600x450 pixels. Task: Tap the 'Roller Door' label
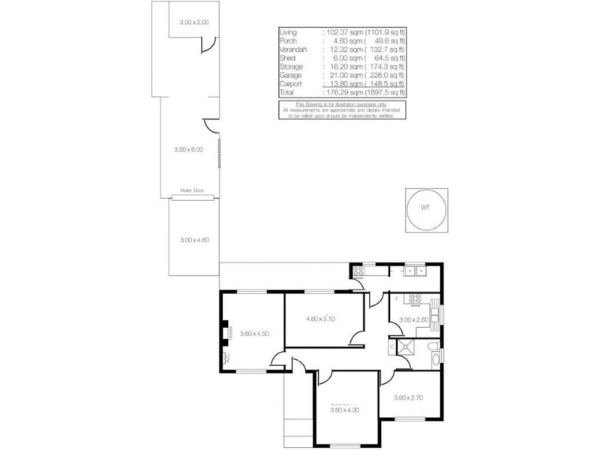point(193,190)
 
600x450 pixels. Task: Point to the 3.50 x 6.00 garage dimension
point(188,150)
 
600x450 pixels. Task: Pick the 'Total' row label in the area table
point(287,94)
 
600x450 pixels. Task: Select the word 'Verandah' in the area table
point(292,49)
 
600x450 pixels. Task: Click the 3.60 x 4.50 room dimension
point(254,334)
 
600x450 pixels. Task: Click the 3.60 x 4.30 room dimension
point(346,409)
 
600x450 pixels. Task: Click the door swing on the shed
point(204,47)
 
